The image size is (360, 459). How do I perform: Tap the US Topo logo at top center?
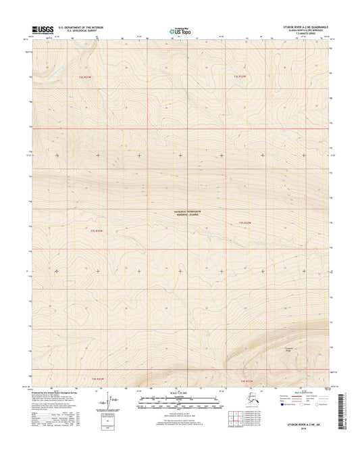(177, 30)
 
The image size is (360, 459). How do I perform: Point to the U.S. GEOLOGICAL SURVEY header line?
(77, 32)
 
